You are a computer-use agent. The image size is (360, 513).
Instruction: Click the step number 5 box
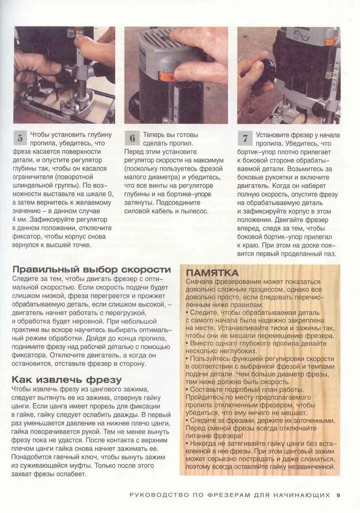(20, 138)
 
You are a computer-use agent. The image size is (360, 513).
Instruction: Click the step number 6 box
(132, 138)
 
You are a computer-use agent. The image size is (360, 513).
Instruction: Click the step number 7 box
(245, 138)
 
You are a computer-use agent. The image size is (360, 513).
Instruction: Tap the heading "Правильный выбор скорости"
(91, 270)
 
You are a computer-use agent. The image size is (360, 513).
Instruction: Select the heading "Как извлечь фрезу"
(67, 380)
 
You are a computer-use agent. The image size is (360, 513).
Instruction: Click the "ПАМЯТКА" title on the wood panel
(212, 273)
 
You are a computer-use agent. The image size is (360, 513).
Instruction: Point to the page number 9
(338, 495)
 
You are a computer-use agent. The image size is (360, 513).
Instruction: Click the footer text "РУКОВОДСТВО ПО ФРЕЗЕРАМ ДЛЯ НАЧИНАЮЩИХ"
(230, 495)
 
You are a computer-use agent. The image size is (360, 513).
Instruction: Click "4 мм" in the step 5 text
(20, 219)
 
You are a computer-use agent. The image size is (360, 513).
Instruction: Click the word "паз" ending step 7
(329, 254)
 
